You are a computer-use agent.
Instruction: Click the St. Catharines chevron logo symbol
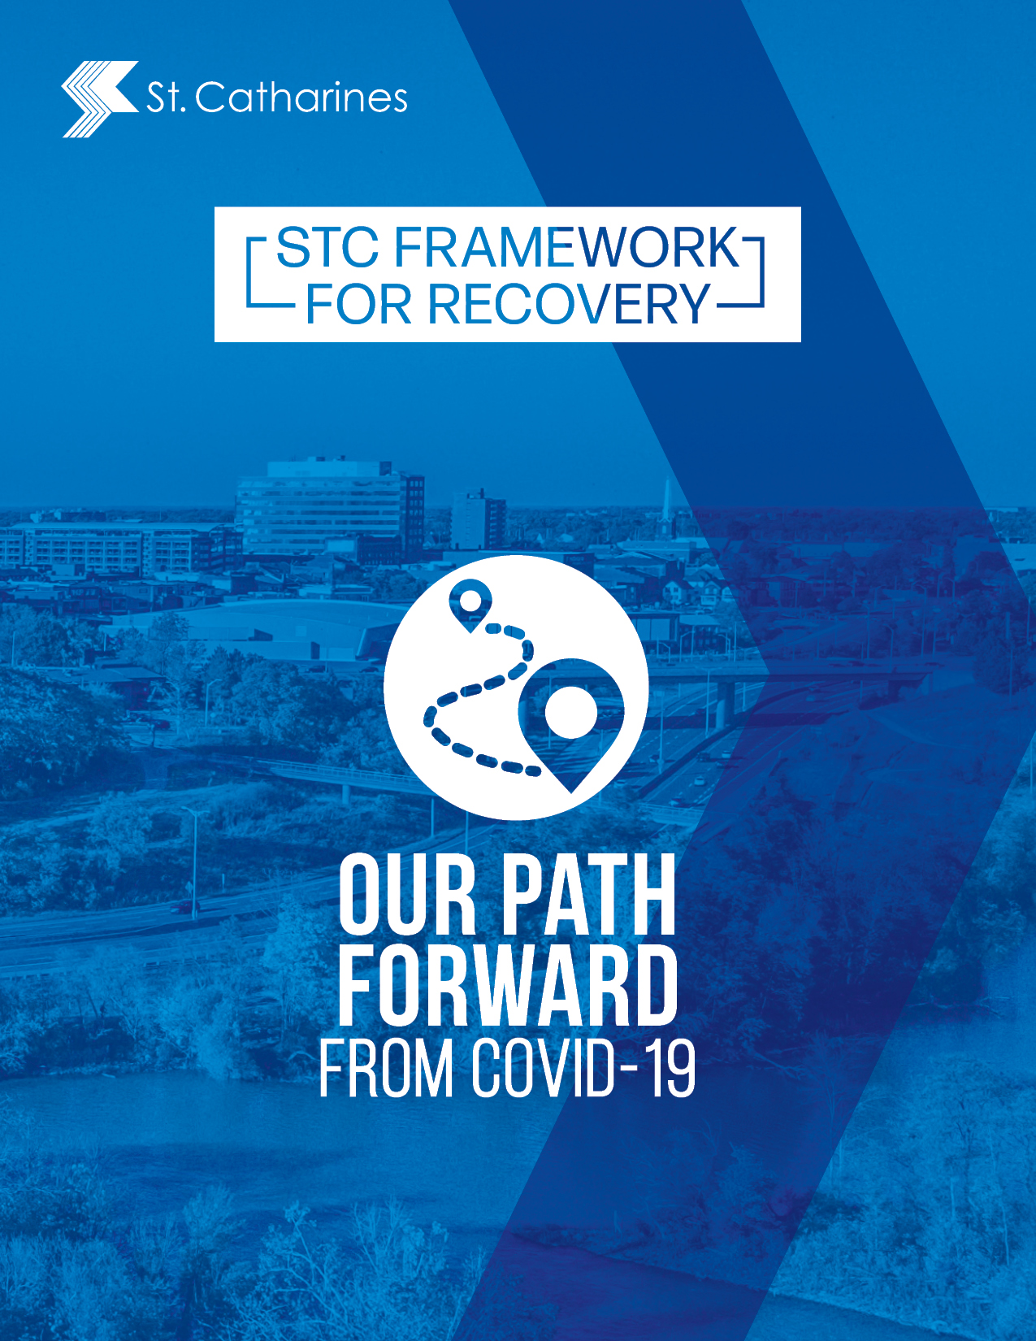pos(99,98)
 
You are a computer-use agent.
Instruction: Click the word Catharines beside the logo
pos(301,98)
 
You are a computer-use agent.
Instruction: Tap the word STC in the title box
pos(327,247)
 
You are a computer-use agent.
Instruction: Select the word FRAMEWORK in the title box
pos(566,247)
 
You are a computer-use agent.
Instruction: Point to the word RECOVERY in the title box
pos(569,304)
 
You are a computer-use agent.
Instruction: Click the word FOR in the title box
pos(358,304)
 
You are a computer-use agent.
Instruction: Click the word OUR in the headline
pos(408,896)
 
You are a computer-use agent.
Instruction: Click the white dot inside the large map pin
pos(570,712)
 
